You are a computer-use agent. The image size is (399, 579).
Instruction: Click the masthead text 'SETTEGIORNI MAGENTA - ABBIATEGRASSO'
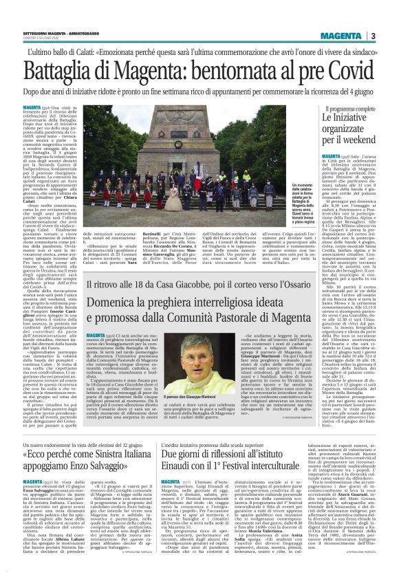(52, 34)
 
